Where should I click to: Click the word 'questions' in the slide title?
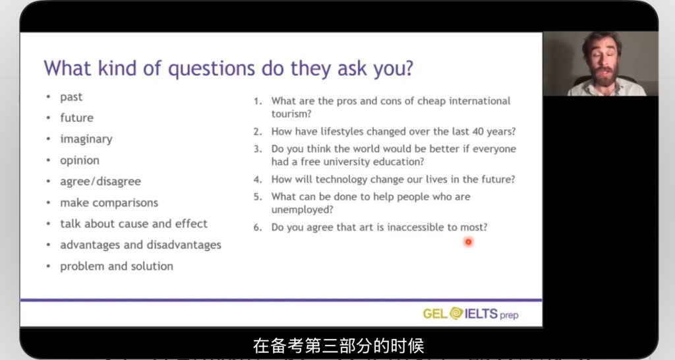[211, 69]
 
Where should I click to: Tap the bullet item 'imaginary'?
[86, 139]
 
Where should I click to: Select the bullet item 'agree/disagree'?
[100, 182]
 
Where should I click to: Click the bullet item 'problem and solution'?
[117, 266]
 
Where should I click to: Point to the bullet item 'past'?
[71, 98]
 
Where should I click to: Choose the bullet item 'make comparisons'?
[109, 202]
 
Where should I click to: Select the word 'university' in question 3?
[348, 162]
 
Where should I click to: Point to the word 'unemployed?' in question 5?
[302, 210]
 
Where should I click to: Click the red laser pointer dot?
[469, 242]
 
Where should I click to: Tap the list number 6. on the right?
[258, 227]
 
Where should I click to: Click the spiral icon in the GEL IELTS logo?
[456, 313]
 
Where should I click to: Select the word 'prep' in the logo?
[509, 315]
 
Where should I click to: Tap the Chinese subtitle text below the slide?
[338, 345]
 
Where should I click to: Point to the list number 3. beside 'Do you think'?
[258, 149]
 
